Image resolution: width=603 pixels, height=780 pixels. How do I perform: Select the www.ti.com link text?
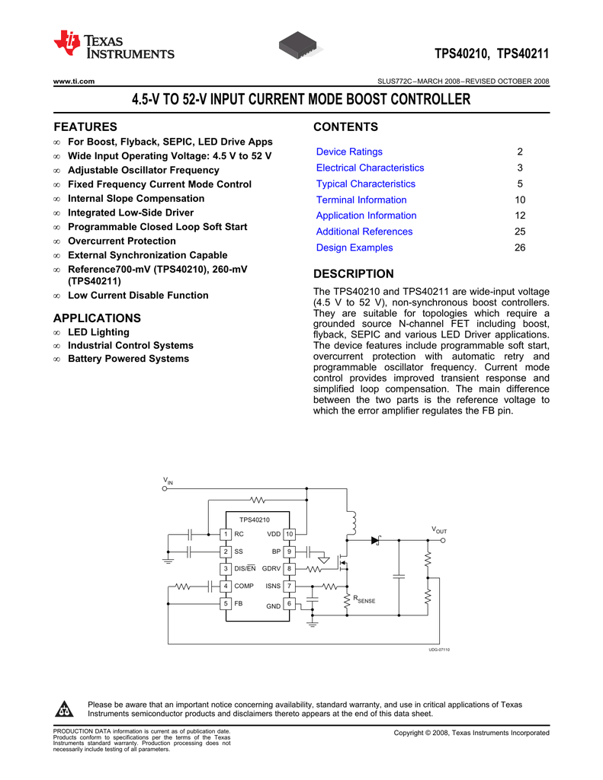click(x=73, y=82)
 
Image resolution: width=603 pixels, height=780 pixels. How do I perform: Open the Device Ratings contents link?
click(x=349, y=152)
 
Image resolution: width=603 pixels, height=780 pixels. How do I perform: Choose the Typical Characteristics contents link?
click(x=366, y=184)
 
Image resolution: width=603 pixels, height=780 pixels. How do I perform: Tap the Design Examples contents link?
click(x=354, y=248)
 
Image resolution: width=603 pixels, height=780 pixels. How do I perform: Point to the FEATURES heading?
click(x=85, y=126)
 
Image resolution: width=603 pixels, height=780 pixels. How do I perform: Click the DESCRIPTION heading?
click(x=354, y=274)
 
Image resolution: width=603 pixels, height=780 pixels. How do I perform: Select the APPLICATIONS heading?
click(x=97, y=318)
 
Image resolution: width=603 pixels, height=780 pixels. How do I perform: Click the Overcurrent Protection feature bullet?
click(x=121, y=241)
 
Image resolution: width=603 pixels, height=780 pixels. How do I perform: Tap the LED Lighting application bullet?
click(x=98, y=332)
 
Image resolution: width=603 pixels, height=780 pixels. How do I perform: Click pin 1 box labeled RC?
click(x=226, y=534)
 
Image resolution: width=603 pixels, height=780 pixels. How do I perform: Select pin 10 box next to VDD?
click(x=290, y=534)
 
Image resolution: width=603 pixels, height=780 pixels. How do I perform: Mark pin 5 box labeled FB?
click(x=226, y=603)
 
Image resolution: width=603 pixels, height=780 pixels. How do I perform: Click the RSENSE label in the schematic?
click(x=364, y=600)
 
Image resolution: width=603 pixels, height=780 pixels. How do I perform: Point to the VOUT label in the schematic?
click(x=439, y=529)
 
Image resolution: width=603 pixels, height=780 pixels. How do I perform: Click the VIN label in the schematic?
click(x=168, y=481)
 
